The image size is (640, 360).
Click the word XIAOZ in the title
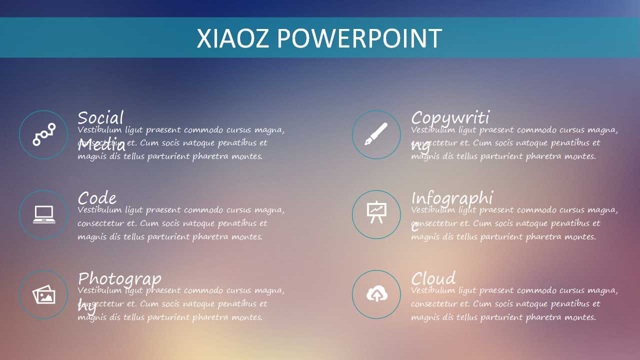[233, 38]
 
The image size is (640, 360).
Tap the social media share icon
[44, 134]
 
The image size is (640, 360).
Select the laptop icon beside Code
[44, 214]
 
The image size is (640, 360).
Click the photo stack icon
[44, 295]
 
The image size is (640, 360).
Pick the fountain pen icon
[376, 134]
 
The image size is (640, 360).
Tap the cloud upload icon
[376, 295]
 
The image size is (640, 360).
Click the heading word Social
[100, 118]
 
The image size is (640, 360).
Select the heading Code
[97, 198]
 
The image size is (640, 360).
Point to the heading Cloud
[433, 278]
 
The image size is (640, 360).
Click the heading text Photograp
[119, 279]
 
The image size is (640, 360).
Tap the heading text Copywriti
[450, 118]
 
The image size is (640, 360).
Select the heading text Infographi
[452, 198]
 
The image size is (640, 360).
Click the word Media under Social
[101, 145]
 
